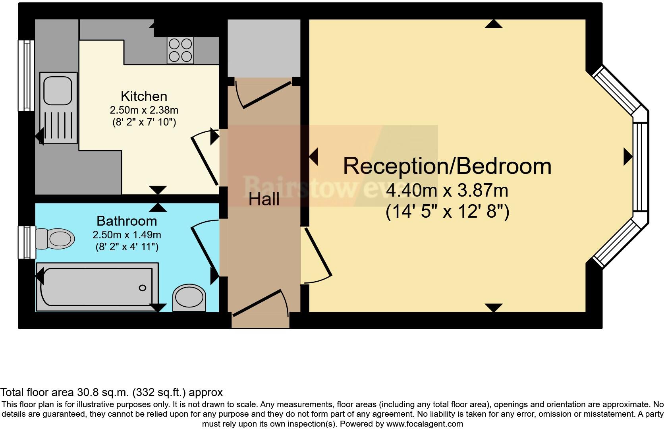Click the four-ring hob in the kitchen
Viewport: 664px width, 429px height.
pos(180,50)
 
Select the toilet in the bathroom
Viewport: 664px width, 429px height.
pos(56,239)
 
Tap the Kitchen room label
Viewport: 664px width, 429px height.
pos(144,96)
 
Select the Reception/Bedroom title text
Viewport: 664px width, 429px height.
pos(447,166)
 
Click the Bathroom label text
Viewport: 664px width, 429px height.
pos(127,221)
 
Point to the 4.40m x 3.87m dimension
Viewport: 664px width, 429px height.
pos(447,191)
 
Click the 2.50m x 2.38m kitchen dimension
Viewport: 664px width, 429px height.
pos(144,110)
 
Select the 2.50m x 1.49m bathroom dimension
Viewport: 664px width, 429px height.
pos(127,235)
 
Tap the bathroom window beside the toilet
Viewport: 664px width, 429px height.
pos(26,242)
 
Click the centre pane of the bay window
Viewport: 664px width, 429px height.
pos(640,166)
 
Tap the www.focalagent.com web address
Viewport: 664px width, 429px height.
pos(425,424)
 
